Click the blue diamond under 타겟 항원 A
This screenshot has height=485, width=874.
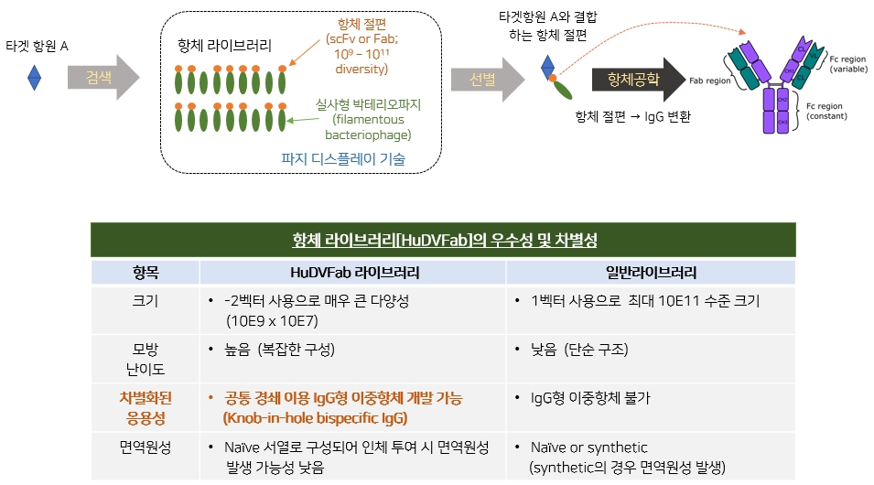tap(34, 77)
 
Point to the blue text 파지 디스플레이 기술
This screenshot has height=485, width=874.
tap(343, 158)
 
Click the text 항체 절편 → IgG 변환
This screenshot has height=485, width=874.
tap(632, 116)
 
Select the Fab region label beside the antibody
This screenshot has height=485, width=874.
tap(708, 81)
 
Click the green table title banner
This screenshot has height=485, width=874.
tap(443, 241)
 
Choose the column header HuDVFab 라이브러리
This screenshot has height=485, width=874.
tap(352, 272)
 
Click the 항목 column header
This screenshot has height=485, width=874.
tap(146, 272)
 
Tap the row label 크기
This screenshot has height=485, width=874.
tap(146, 300)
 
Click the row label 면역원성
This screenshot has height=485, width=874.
tap(146, 447)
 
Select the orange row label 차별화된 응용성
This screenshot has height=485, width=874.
tap(146, 407)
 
